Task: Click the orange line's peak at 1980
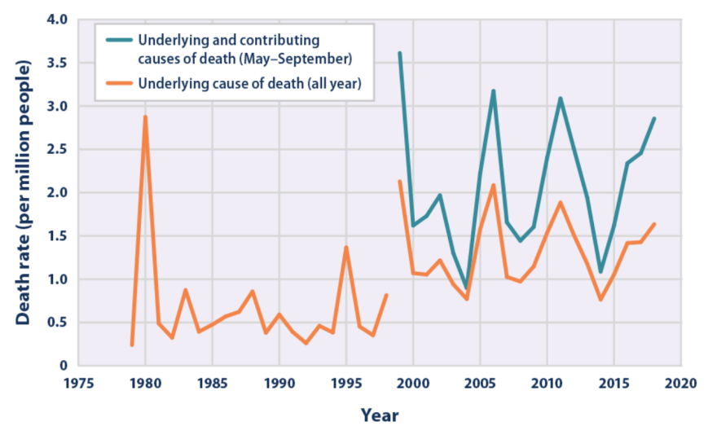tap(145, 117)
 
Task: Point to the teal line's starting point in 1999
tap(399, 54)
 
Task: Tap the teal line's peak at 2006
tap(493, 91)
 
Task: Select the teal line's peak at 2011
tap(560, 99)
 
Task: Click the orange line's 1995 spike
tap(346, 248)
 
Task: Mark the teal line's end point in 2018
tap(654, 119)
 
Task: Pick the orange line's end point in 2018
tap(654, 224)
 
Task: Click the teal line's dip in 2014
tap(600, 271)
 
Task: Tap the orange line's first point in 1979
tap(132, 345)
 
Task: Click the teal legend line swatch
tap(116, 38)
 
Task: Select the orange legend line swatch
tap(116, 82)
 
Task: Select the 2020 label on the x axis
tap(683, 383)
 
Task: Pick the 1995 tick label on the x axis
tap(346, 383)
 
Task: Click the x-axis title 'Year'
tap(380, 415)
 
